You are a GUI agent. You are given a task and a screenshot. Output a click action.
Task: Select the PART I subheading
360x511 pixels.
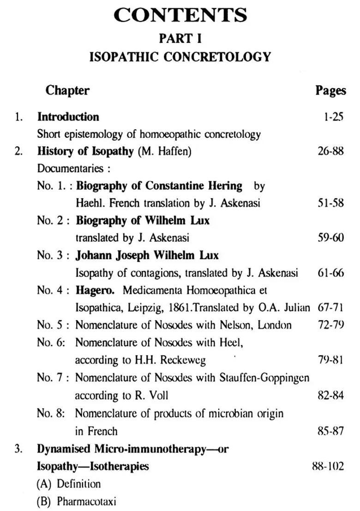point(180,38)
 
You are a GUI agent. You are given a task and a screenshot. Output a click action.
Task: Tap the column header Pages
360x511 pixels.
point(330,90)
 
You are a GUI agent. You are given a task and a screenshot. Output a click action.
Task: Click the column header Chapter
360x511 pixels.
point(67,90)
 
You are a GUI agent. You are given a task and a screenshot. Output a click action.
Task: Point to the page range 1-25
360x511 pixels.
point(334,117)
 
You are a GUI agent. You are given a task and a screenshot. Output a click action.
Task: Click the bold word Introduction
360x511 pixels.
point(68,117)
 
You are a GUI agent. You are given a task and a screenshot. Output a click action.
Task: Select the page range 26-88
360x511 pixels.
point(331,151)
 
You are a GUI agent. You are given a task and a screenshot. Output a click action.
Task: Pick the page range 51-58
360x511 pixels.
point(331,203)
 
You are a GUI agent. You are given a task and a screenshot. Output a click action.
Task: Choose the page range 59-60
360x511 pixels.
point(331,238)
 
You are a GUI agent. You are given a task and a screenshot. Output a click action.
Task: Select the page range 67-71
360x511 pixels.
point(331,308)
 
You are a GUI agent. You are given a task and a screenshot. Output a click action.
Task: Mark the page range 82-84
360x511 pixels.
point(331,396)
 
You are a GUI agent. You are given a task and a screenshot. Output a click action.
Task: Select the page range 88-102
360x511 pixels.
point(328,466)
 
